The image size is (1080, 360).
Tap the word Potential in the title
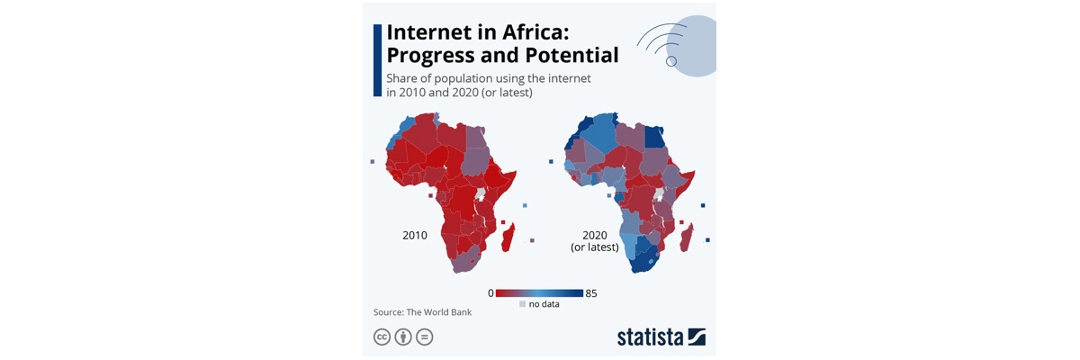tap(571, 55)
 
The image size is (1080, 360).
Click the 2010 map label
tap(415, 235)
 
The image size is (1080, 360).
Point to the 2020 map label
tap(595, 235)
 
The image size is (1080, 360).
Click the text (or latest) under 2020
tap(595, 247)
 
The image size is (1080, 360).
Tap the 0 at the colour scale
tap(490, 293)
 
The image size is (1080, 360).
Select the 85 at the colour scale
tap(591, 293)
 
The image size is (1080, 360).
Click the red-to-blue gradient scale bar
tap(539, 293)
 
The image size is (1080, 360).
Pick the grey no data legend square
tap(522, 304)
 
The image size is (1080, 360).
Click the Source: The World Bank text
tap(422, 312)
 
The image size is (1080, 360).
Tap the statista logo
tap(661, 337)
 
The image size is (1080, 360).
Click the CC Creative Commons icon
tap(382, 337)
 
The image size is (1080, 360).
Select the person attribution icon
tap(403, 337)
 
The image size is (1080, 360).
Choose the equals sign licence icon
tap(424, 337)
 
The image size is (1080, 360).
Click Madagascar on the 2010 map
tap(508, 238)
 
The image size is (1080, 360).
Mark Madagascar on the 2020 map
tap(687, 238)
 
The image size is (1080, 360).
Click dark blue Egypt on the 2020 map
tap(654, 137)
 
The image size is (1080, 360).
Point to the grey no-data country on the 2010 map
tap(481, 194)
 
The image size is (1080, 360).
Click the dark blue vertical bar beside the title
tap(377, 60)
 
